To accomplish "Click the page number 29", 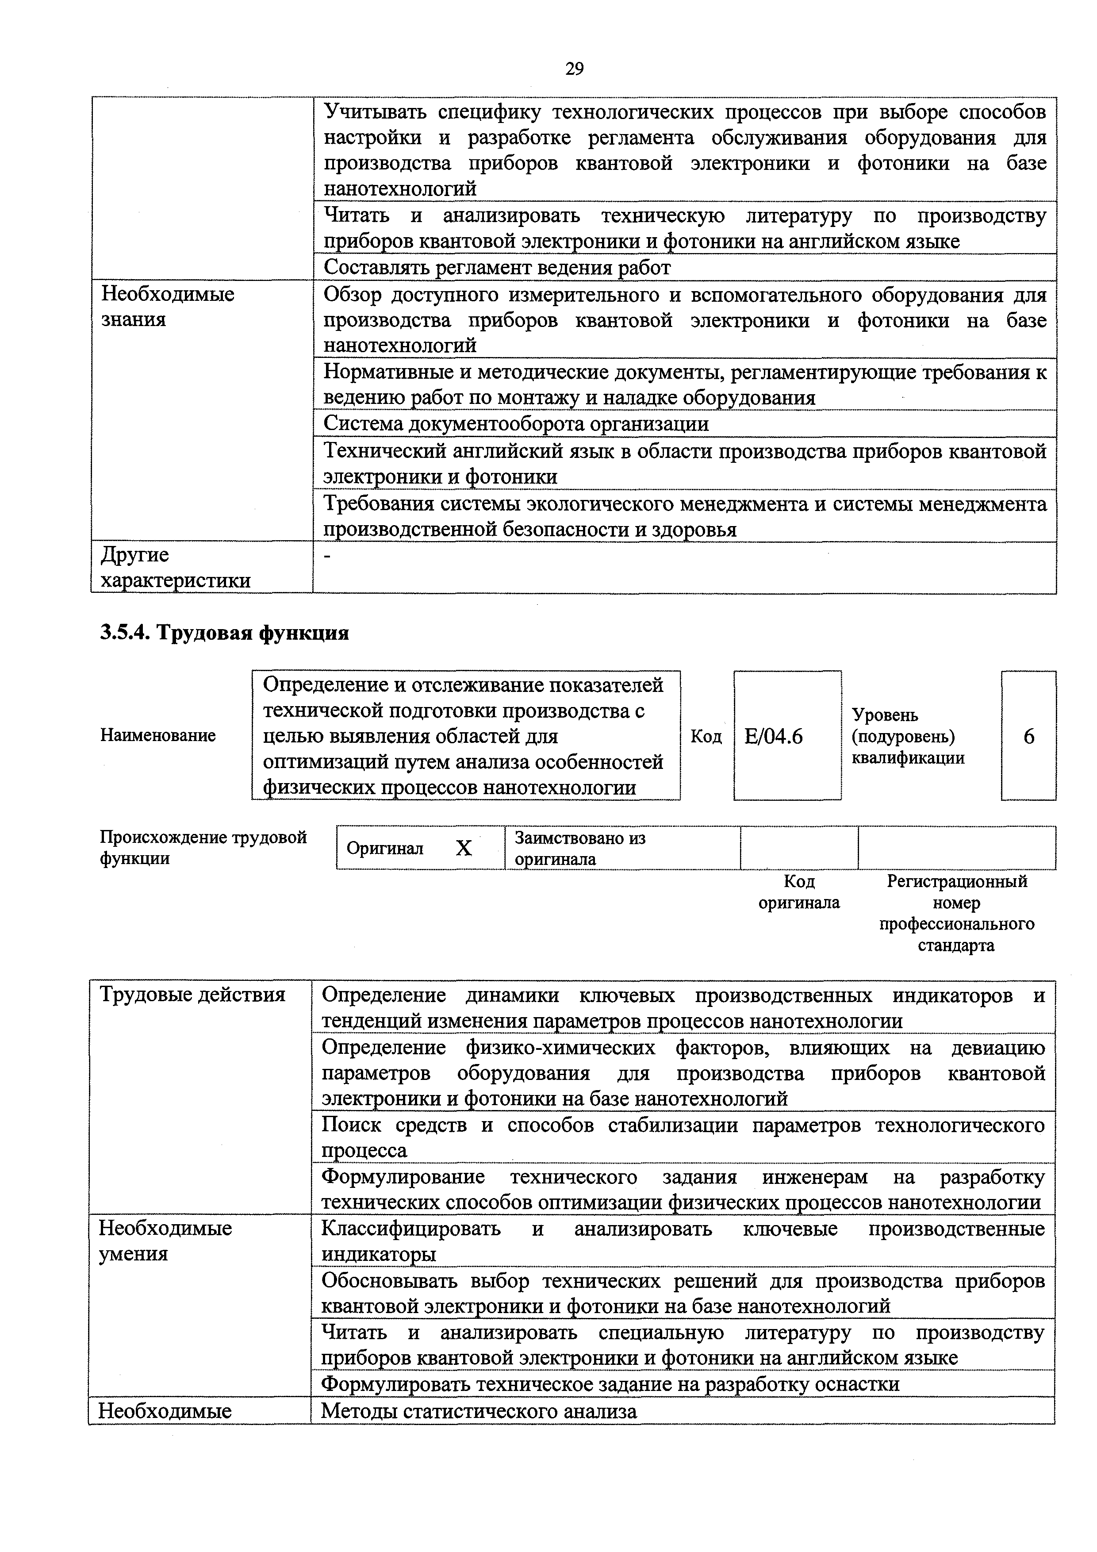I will click(x=574, y=69).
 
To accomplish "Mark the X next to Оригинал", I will click(x=463, y=848).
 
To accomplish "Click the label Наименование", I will click(x=157, y=735).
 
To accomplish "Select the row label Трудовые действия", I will click(x=192, y=995).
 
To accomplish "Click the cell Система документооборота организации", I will click(x=516, y=424).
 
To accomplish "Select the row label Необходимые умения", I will click(x=165, y=1241).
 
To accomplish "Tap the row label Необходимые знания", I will click(x=168, y=306).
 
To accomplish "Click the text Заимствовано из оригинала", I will click(x=579, y=848).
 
